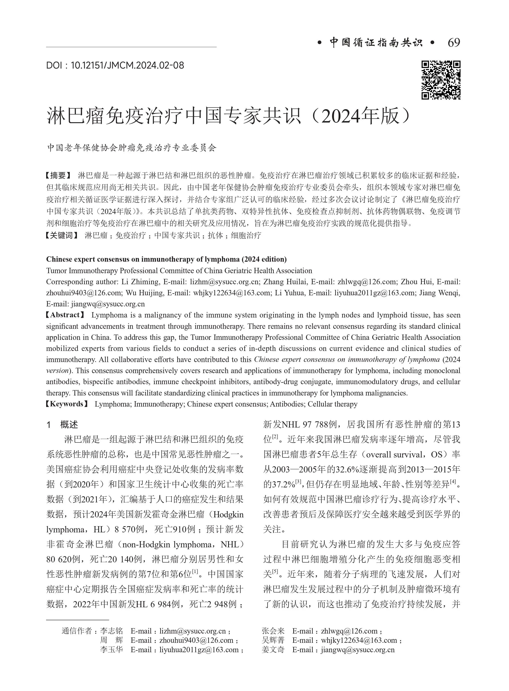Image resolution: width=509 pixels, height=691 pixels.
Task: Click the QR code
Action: point(441,80)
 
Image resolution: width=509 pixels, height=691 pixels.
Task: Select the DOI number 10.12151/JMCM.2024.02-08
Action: point(127,65)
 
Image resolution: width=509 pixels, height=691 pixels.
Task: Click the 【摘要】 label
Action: point(58,176)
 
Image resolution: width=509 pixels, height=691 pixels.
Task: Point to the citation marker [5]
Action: point(275,573)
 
